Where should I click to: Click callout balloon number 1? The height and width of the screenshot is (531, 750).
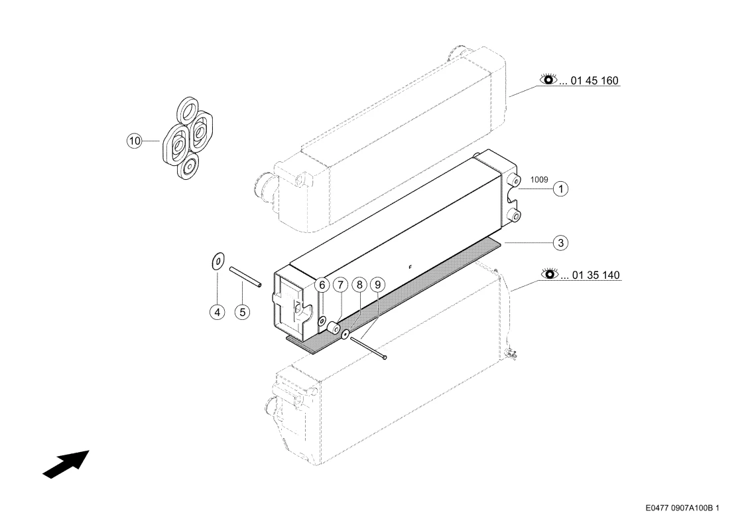[560, 189]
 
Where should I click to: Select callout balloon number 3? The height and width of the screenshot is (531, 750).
[560, 243]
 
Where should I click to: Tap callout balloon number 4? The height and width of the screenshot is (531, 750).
[217, 312]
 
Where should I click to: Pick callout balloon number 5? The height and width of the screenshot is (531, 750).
[243, 312]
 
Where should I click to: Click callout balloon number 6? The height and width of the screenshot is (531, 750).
[322, 285]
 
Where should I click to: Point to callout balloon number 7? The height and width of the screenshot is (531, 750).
[340, 285]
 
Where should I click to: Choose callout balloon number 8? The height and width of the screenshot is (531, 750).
[359, 285]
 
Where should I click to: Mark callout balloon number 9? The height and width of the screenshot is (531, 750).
[377, 285]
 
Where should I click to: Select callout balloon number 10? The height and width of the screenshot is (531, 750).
[135, 141]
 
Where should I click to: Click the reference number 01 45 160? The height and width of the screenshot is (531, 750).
[595, 80]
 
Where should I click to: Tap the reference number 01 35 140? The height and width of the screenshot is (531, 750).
[596, 275]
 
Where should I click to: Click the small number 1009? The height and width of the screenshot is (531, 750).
[539, 180]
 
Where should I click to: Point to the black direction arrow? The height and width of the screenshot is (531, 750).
[66, 464]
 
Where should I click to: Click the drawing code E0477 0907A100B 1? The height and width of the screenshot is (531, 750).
[682, 508]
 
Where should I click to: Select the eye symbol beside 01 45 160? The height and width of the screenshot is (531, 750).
[548, 80]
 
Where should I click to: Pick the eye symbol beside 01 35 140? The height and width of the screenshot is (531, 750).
[550, 274]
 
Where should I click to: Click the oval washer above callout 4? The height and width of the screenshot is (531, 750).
[218, 261]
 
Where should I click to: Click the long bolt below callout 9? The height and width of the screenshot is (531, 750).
[368, 348]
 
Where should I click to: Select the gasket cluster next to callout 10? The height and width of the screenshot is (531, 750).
[188, 138]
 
